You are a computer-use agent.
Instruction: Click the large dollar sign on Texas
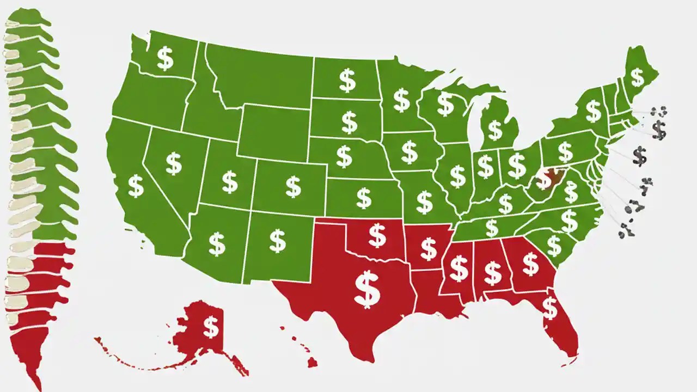(367, 289)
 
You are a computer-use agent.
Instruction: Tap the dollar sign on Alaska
(211, 328)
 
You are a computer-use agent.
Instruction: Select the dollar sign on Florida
(550, 308)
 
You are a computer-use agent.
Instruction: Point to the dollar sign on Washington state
(165, 59)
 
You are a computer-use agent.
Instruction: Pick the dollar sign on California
(136, 186)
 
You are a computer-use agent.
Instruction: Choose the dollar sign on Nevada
(173, 163)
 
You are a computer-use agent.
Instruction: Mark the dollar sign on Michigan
(494, 130)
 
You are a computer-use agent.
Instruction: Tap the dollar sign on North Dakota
(347, 80)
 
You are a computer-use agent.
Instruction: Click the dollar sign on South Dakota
(349, 122)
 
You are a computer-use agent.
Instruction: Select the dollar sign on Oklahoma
(377, 235)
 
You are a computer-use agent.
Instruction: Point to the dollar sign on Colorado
(293, 187)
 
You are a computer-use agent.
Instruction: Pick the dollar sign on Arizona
(217, 244)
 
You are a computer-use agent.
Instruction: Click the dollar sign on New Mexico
(278, 240)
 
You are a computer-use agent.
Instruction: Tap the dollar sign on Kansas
(364, 198)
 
